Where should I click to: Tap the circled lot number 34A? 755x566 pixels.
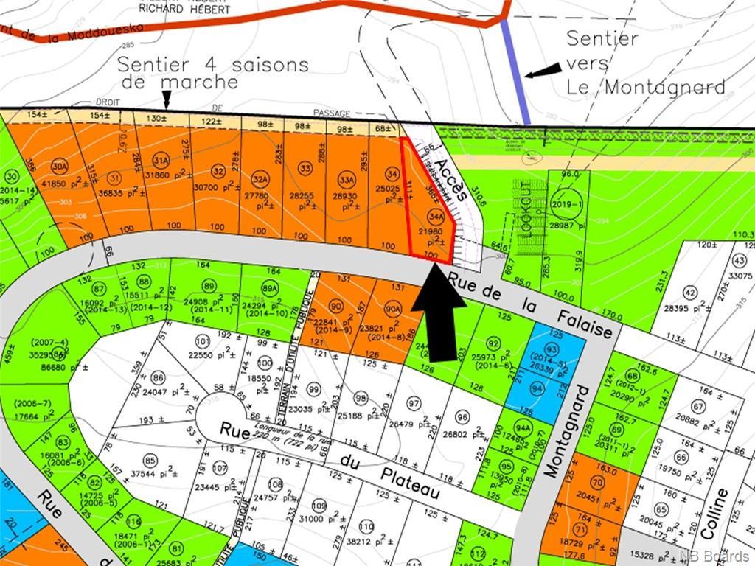435,217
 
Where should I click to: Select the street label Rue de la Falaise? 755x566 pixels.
530,304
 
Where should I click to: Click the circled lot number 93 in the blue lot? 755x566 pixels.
552,349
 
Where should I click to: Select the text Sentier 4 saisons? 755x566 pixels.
213,64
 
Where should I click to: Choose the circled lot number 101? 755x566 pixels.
202,340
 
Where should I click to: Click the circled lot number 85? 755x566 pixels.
150,462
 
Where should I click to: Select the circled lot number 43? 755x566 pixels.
740,261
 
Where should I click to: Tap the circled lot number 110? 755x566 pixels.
366,527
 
